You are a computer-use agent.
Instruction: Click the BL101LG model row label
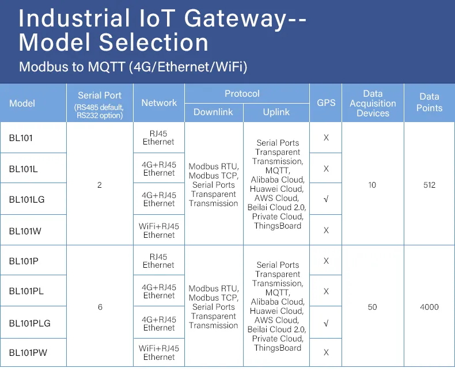click(26, 199)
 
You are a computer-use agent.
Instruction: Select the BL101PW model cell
click(28, 352)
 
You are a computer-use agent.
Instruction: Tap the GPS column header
click(326, 103)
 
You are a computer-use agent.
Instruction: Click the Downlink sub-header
click(213, 112)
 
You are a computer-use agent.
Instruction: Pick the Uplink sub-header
click(276, 112)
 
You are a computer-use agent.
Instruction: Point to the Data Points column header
click(429, 102)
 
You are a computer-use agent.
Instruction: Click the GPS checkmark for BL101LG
click(326, 199)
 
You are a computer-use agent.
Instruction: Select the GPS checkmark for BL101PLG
click(326, 323)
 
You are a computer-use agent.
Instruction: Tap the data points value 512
click(429, 185)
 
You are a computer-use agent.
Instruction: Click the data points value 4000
click(429, 307)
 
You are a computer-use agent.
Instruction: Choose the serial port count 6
click(100, 307)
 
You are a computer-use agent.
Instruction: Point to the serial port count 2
click(100, 185)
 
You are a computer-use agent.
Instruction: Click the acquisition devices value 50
click(372, 307)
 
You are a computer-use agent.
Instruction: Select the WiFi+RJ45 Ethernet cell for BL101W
click(159, 230)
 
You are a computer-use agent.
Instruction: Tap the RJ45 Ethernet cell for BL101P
click(158, 260)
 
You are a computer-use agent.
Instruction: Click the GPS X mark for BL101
click(326, 138)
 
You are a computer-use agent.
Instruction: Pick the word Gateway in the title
click(235, 18)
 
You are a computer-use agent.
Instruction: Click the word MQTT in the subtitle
click(106, 67)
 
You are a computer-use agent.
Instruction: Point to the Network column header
click(159, 103)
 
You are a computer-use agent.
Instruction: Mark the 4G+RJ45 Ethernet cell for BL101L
click(159, 169)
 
